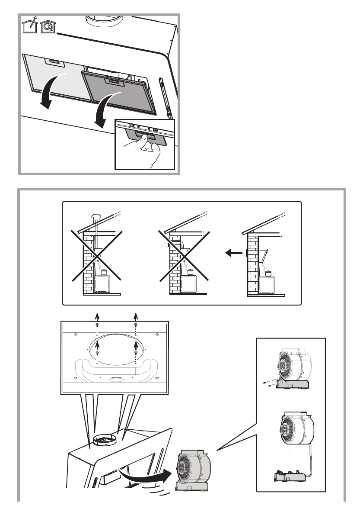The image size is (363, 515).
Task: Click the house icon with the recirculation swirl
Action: tap(47, 27)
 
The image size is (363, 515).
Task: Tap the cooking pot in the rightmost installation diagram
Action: tap(268, 273)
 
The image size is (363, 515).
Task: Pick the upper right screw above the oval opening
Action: tap(136, 325)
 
